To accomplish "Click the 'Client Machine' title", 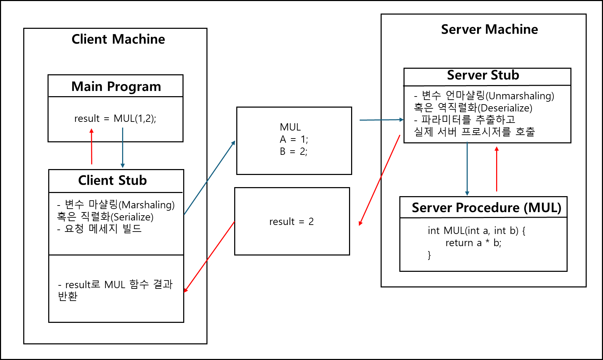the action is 118,39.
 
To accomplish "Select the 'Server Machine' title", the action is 489,30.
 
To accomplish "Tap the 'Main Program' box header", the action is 116,86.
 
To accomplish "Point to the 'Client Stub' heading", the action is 112,181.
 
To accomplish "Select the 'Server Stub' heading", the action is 483,75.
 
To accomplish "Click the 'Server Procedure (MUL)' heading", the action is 486,208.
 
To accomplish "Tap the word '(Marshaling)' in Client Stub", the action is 146,205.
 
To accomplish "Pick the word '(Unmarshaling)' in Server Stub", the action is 520,96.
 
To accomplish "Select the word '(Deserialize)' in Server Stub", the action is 505,108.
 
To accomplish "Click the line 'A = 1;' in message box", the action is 294,139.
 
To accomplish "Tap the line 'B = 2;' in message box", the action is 294,151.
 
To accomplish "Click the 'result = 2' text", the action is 291,221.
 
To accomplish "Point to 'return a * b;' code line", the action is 473,243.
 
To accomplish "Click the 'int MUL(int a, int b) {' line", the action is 476,231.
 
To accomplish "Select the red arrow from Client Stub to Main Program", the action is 92,146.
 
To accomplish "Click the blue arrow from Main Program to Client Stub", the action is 122,148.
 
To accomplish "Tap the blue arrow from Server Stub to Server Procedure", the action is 467,169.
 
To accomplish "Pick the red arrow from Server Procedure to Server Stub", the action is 496,169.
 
